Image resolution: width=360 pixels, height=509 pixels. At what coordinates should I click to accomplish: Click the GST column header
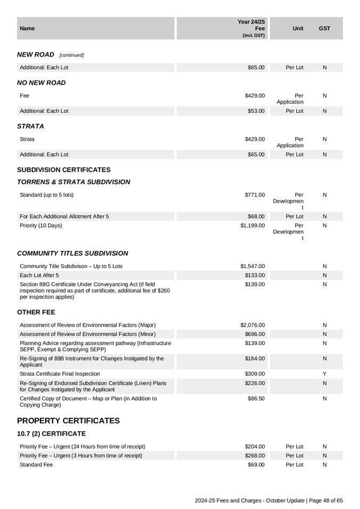coord(324,28)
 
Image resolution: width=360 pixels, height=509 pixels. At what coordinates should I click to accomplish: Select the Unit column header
coord(298,28)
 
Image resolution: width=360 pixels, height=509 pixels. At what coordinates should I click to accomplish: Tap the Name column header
coord(27,28)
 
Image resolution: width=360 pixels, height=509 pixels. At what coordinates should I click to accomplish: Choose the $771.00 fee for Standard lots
coord(254,195)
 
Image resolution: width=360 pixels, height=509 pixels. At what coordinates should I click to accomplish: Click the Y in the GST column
coord(324,374)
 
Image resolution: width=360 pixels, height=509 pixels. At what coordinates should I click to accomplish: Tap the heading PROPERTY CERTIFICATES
coord(68,421)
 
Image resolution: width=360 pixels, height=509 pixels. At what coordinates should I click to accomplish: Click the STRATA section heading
coord(30,126)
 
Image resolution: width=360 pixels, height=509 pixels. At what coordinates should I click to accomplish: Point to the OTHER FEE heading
coord(36,312)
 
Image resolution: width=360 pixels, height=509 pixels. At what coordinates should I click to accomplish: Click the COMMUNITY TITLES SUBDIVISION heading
coord(73,253)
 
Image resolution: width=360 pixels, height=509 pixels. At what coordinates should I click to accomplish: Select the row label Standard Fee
coord(36,465)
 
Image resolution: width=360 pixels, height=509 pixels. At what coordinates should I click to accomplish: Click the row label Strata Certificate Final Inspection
coord(60,374)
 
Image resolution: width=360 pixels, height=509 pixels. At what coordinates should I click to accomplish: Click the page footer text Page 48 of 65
coord(326,500)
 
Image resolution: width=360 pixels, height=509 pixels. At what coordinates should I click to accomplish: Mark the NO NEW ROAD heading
coord(42,83)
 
